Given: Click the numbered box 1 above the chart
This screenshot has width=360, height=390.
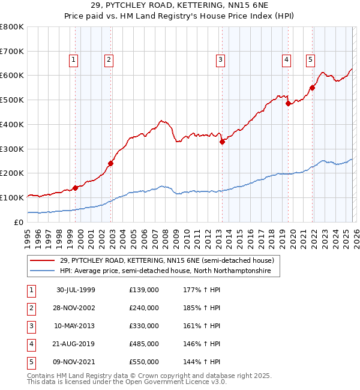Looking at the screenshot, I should coord(73,59).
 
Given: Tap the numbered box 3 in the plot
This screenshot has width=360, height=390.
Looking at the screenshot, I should coord(221,59).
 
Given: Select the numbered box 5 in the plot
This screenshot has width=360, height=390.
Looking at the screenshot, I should coord(310,59).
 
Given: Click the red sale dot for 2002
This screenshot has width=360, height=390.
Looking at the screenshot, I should coord(111,163).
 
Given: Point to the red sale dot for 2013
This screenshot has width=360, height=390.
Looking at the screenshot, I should coord(222,142).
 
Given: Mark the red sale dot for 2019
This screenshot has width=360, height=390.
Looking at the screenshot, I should coord(288,103).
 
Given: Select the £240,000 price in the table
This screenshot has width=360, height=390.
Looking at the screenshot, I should coord(144,308).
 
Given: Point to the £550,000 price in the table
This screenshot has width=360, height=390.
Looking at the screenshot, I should coord(144,362).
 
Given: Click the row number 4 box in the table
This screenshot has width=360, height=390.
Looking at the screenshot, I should coord(29,344).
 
